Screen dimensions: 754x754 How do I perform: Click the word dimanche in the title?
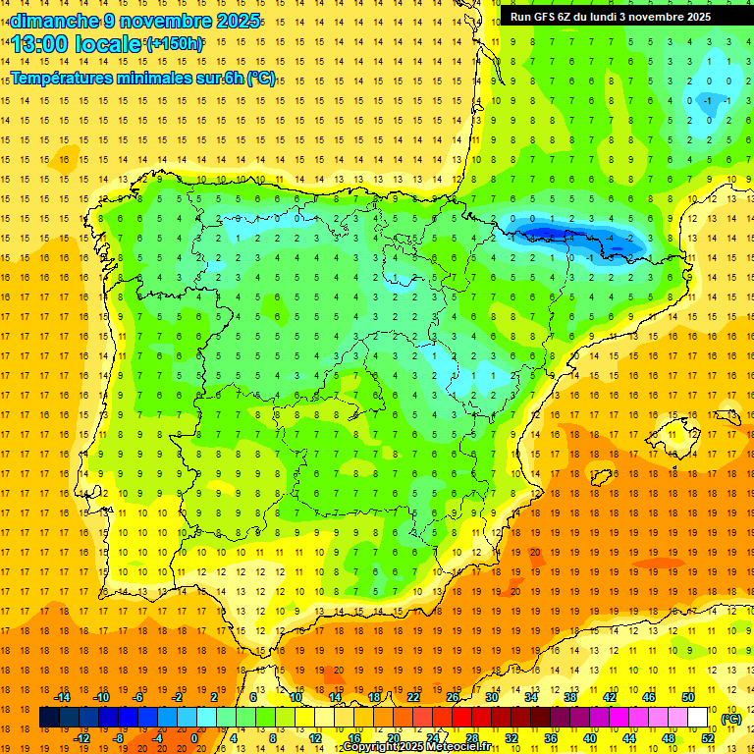click(x=54, y=21)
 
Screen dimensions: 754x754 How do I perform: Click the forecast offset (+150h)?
click(x=175, y=44)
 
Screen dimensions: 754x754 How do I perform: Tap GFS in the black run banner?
click(x=549, y=17)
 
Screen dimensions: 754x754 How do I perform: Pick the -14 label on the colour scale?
click(x=63, y=697)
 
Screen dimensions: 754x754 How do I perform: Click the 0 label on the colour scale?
click(x=194, y=738)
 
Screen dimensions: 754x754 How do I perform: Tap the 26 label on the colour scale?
click(x=453, y=697)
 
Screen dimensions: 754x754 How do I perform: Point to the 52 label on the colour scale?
click(x=708, y=738)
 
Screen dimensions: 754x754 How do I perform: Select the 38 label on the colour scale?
click(x=570, y=697)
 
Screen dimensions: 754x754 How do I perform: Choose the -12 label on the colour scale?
click(x=82, y=738)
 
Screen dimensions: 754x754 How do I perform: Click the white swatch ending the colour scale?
click(x=698, y=718)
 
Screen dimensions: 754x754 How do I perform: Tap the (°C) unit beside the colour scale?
click(x=730, y=719)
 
